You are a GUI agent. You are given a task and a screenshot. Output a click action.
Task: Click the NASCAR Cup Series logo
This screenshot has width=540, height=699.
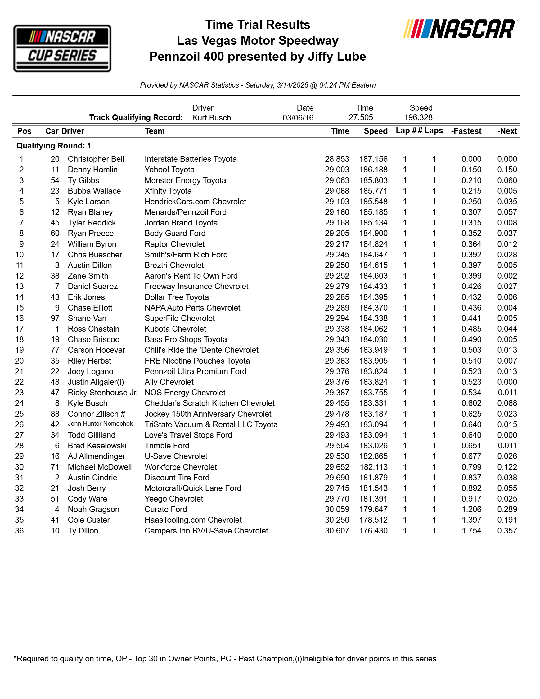[62, 48]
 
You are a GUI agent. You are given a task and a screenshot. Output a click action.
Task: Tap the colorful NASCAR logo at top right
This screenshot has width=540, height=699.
[460, 29]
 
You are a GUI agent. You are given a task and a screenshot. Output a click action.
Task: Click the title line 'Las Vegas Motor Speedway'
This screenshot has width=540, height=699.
[258, 41]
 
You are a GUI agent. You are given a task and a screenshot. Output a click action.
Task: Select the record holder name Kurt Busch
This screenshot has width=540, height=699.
[211, 118]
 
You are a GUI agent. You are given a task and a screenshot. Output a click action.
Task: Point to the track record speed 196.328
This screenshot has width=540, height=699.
[418, 117]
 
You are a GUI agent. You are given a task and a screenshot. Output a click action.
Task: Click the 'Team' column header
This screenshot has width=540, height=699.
[155, 131]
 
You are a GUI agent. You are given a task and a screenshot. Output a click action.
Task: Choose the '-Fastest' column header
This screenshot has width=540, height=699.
[466, 131]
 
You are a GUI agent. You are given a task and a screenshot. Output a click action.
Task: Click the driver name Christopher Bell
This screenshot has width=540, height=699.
[96, 159]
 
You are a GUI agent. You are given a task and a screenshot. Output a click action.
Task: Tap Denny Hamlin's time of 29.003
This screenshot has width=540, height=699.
[337, 170]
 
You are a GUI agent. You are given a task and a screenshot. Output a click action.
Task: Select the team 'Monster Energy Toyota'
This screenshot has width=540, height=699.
[185, 180]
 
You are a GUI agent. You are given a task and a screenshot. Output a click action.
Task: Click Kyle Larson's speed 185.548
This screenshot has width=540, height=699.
[373, 202]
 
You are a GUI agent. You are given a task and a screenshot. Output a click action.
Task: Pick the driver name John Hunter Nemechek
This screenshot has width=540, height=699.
[100, 424]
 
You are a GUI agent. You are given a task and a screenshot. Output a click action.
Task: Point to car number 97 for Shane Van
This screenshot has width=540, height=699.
[55, 319]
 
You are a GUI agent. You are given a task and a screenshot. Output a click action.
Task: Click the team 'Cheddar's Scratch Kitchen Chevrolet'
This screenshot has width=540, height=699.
[209, 403]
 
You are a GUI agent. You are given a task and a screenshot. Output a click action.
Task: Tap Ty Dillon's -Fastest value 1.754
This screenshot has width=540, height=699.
[471, 531]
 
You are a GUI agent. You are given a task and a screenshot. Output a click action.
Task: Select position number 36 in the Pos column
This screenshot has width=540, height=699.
[19, 531]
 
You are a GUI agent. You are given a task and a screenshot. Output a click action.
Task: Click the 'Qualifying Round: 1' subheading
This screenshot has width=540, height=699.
[54, 146]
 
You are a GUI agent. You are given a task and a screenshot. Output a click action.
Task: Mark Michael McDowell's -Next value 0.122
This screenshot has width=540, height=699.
[507, 467]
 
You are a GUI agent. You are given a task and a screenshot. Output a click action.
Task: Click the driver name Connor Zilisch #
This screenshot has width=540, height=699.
[96, 414]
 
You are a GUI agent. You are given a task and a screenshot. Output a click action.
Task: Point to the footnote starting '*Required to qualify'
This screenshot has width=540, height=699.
[225, 659]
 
